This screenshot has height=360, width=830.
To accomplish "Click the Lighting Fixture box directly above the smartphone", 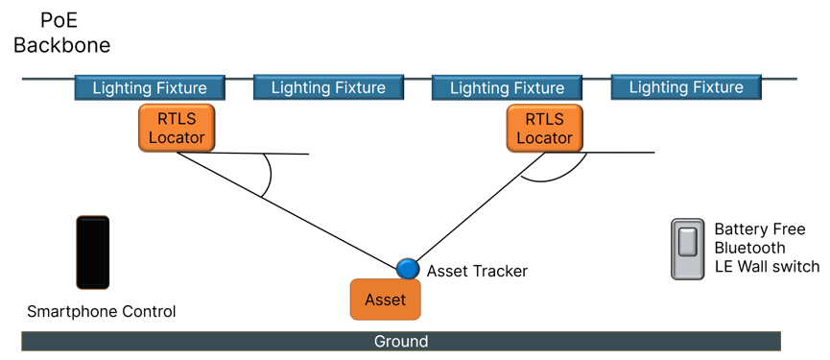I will (x=150, y=88).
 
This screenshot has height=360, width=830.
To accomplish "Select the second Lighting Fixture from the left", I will (x=328, y=88).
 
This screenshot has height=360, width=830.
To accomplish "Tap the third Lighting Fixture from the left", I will (x=507, y=88).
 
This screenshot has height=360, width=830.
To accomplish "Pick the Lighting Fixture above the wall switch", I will (x=685, y=87).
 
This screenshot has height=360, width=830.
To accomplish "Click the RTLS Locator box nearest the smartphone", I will (x=177, y=128).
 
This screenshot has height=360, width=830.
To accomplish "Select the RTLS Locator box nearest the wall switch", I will (x=544, y=128).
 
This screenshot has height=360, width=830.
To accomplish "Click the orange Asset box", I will (x=385, y=300).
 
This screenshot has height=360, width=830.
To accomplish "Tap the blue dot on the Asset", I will (x=408, y=269).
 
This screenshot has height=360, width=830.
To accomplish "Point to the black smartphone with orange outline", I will (x=92, y=252).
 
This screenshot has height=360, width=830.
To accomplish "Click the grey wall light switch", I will (x=687, y=250).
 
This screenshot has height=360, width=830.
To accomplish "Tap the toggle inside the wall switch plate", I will (x=687, y=242).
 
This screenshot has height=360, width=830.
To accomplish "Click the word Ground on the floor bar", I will (x=401, y=342).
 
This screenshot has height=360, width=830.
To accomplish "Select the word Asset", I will (x=385, y=300).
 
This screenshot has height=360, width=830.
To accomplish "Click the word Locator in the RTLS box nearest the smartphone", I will (x=177, y=137).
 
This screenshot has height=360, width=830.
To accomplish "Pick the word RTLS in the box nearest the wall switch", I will (x=544, y=119).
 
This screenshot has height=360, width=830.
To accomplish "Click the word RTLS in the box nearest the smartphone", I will (x=177, y=119).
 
